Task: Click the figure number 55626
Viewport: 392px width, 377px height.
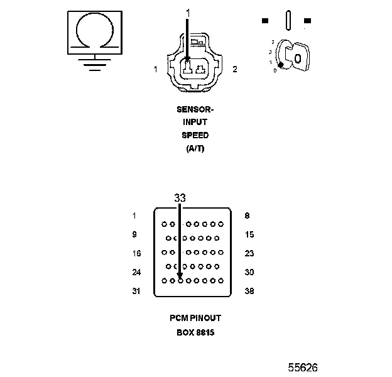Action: tap(303, 367)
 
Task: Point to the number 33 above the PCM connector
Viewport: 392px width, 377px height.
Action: tap(180, 197)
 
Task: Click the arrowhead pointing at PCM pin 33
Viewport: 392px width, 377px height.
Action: tap(180, 275)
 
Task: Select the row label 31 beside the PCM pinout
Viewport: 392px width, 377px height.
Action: tap(136, 292)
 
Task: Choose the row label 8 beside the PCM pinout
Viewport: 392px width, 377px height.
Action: tap(247, 216)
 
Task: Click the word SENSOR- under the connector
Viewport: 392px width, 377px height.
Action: tap(195, 109)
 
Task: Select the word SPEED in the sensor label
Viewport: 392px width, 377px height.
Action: tap(195, 136)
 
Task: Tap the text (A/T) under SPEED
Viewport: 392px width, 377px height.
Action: tap(195, 149)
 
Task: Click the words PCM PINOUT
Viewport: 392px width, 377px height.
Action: tap(195, 319)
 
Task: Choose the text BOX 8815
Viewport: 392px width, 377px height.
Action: tap(195, 332)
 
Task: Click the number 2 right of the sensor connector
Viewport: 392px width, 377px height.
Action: tap(234, 69)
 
